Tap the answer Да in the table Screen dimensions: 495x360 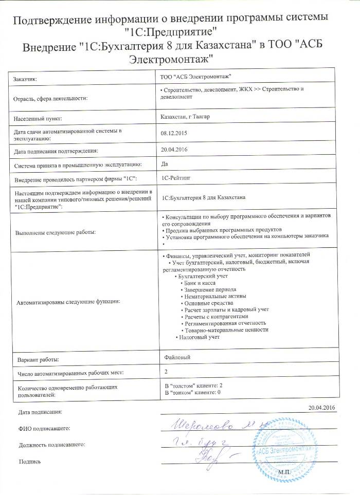165,163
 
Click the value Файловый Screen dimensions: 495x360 177,356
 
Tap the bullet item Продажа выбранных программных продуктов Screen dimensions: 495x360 223,229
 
